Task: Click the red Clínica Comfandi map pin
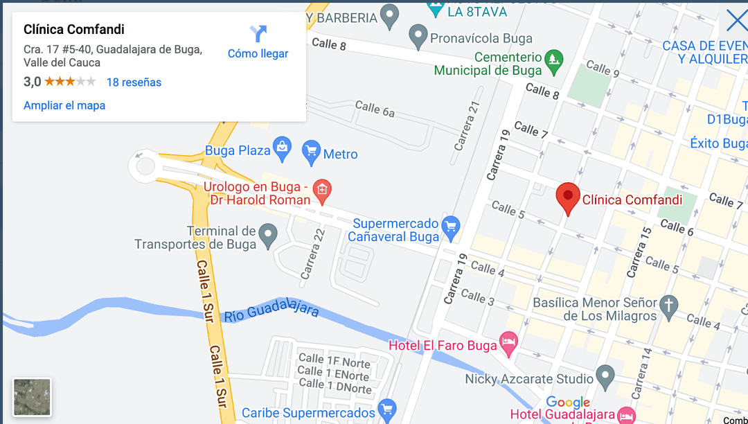[x=568, y=197]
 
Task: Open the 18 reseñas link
[x=134, y=82]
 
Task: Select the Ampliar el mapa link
[x=64, y=106]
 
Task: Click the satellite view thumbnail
[x=32, y=397]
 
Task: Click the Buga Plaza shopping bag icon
[x=282, y=147]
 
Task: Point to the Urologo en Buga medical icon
[x=322, y=189]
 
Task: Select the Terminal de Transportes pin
[x=267, y=236]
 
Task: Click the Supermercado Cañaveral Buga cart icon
[x=451, y=226]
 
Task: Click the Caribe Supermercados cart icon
[x=386, y=409]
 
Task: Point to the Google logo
[x=567, y=403]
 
